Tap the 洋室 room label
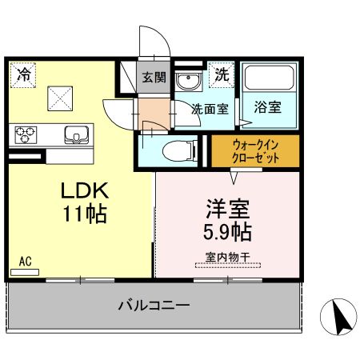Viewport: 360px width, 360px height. coord(227,210)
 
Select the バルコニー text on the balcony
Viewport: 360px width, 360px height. coord(154,306)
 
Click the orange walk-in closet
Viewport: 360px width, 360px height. coord(254,151)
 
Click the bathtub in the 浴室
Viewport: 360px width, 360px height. coord(270,78)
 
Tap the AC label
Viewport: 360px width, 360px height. coord(24,262)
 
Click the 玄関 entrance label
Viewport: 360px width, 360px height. coord(154,78)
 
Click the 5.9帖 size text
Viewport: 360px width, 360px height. coord(227,233)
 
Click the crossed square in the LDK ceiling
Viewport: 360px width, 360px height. coord(60,98)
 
